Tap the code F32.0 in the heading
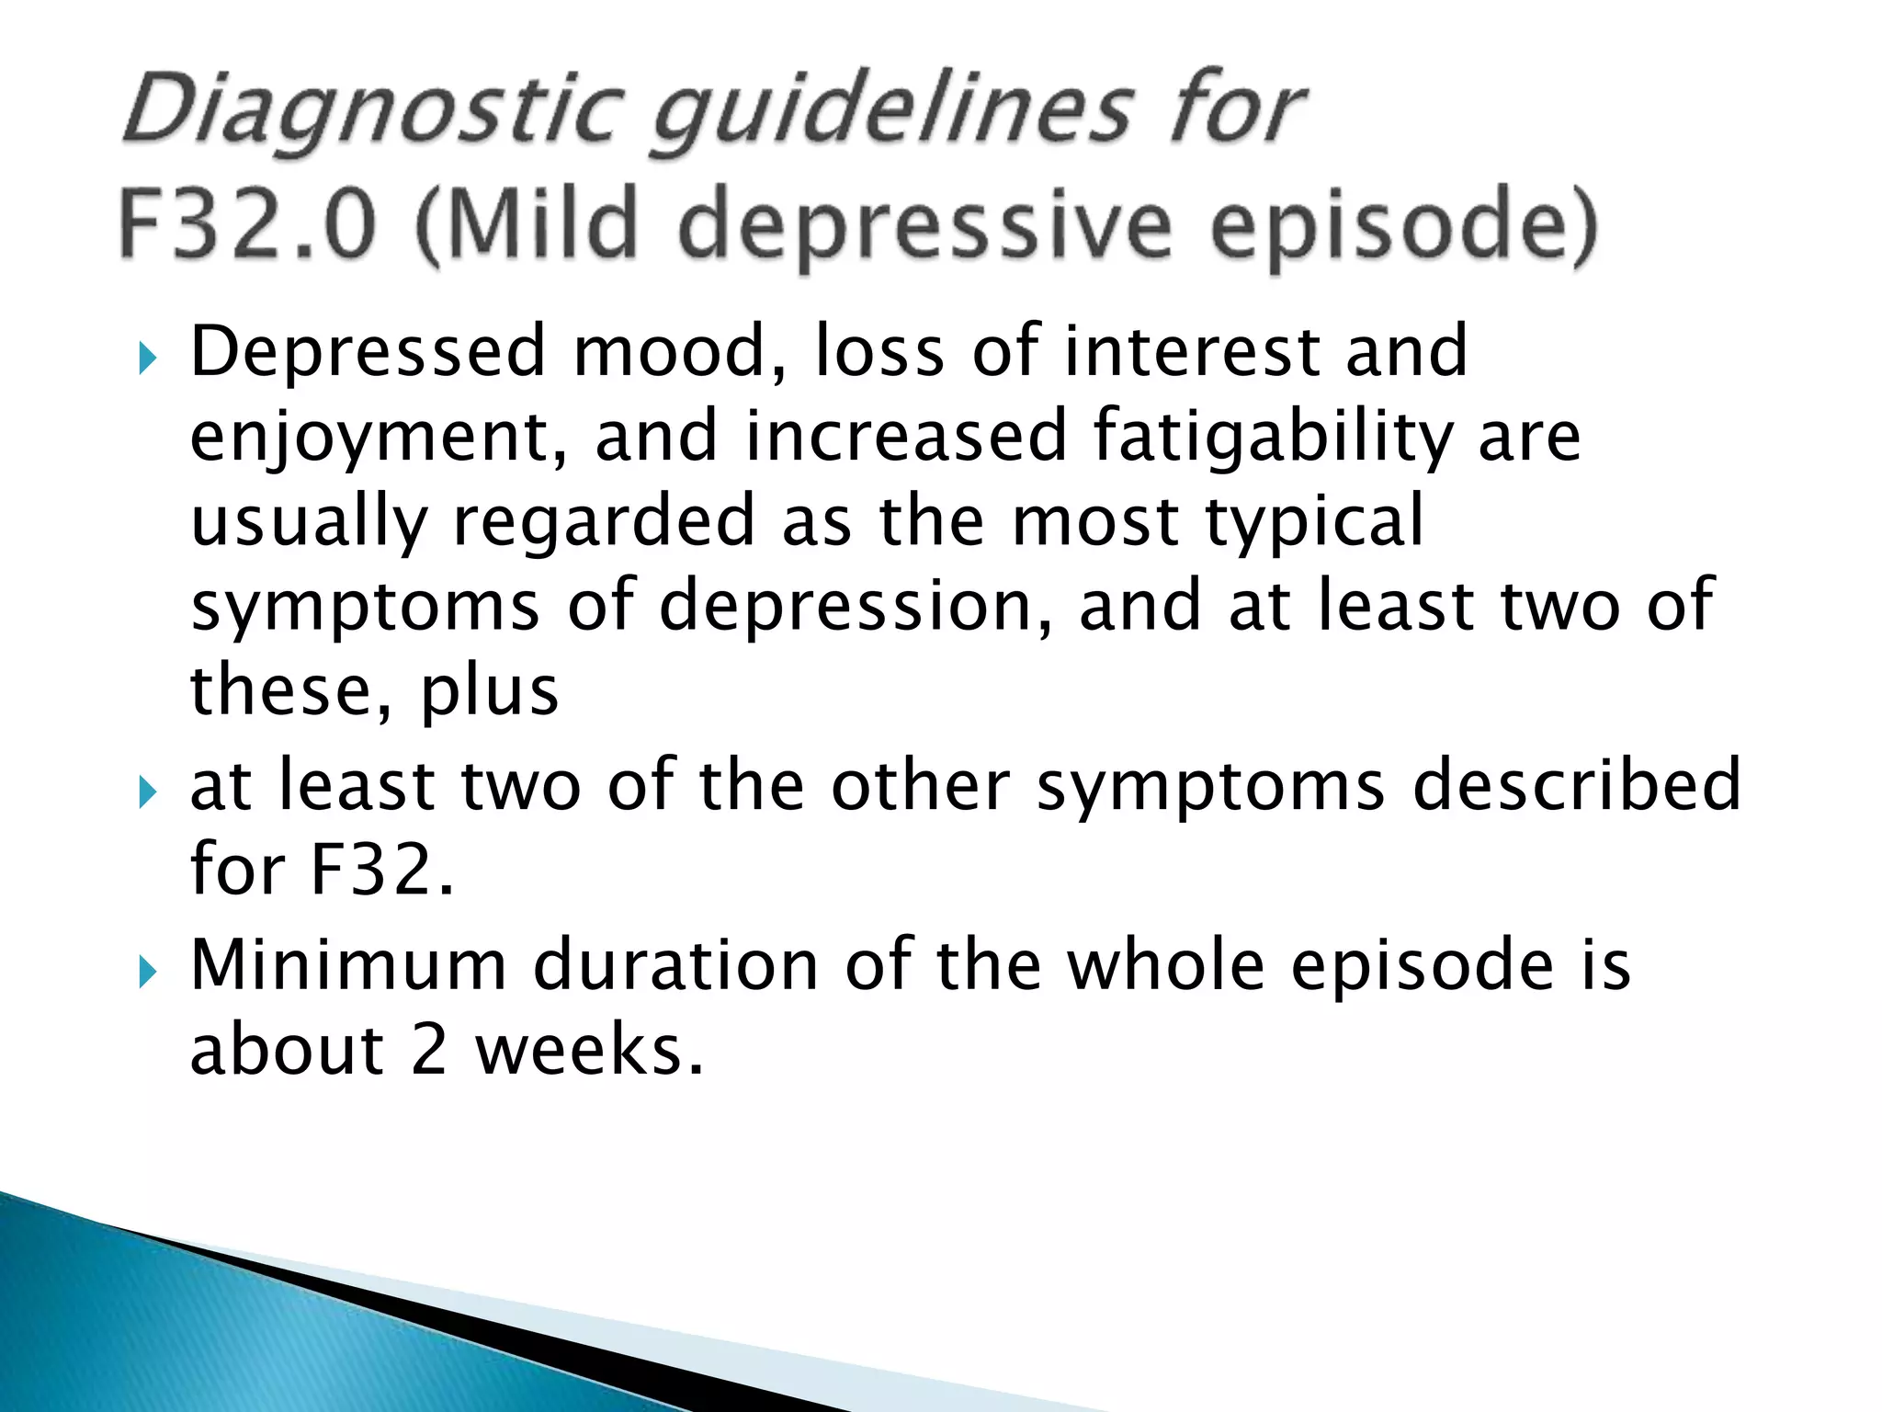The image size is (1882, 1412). (248, 224)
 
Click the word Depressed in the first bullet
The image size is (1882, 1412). (368, 353)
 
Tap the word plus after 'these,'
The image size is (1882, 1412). (489, 691)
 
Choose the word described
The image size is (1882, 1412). (1576, 785)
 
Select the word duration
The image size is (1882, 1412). (675, 965)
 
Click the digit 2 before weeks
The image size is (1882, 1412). (429, 1050)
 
